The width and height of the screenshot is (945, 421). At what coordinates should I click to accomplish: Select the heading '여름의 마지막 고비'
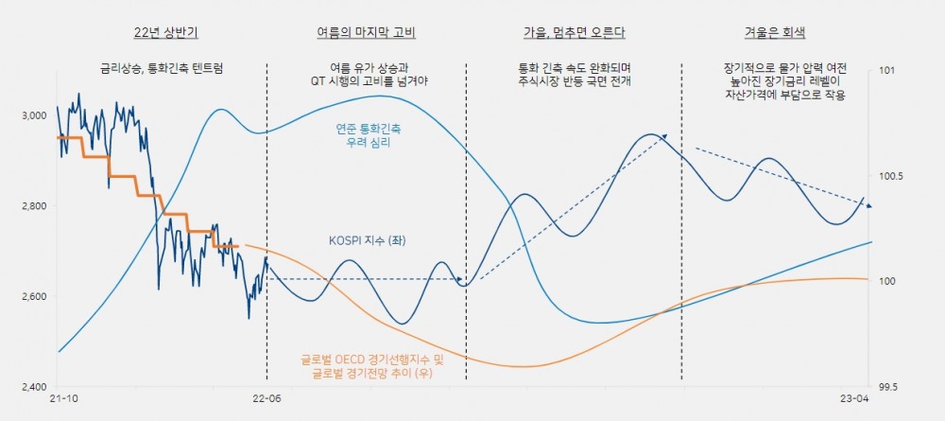[366, 32]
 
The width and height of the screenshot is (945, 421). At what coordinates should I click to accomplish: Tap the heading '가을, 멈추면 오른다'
[575, 32]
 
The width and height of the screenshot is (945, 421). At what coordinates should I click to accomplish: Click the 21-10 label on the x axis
[62, 401]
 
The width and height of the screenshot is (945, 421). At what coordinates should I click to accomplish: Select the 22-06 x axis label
[267, 401]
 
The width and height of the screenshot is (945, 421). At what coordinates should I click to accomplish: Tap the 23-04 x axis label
[856, 401]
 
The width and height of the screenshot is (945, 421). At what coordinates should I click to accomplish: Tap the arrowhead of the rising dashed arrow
[665, 136]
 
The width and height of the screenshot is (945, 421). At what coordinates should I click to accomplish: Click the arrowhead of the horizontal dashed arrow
[462, 279]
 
